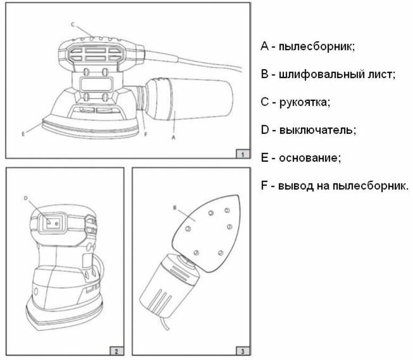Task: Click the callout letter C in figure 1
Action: (73, 25)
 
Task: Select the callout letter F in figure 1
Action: (145, 134)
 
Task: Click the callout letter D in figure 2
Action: (26, 198)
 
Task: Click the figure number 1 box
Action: (242, 154)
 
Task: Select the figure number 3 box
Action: (242, 351)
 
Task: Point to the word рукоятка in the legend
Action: (304, 102)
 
